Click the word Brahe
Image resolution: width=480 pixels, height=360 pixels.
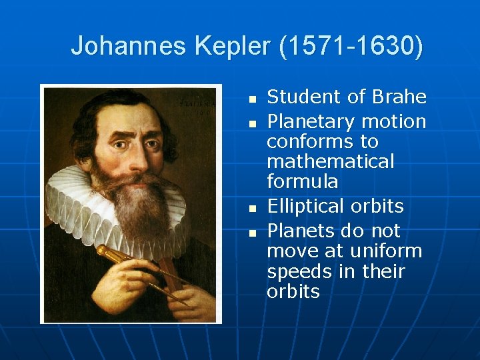(399, 97)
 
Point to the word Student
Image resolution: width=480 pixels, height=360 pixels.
(303, 97)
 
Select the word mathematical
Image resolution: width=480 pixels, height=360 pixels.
(331, 161)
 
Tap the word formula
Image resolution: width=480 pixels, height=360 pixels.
(302, 181)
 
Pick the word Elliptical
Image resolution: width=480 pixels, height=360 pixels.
(307, 207)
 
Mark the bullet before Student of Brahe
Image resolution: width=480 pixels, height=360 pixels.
(252, 99)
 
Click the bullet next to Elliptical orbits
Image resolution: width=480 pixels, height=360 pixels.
(252, 208)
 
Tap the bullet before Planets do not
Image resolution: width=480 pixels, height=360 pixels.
(252, 233)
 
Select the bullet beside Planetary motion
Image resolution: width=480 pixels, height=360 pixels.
(252, 123)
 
